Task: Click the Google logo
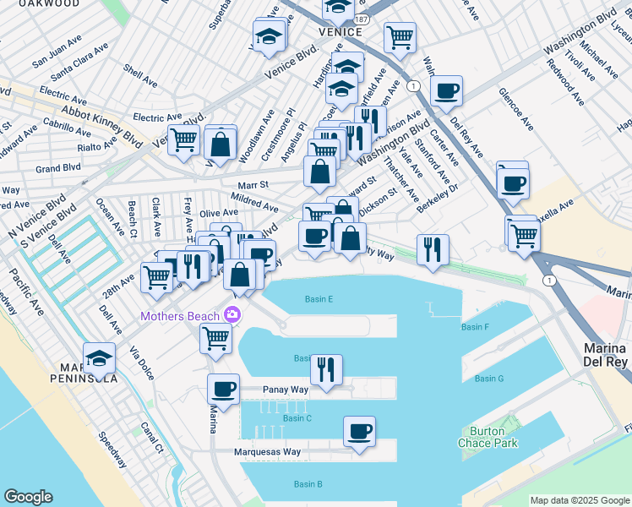tap(29, 497)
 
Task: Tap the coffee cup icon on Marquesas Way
tap(359, 432)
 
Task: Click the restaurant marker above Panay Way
tap(326, 368)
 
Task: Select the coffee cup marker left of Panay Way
tap(224, 389)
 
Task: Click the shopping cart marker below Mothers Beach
tap(215, 337)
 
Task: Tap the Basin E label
tap(319, 299)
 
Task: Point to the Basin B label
tap(308, 484)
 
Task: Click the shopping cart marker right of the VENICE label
tap(400, 36)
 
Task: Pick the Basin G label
tap(489, 379)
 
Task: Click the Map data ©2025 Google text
tap(580, 500)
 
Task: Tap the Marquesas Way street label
tap(268, 452)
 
